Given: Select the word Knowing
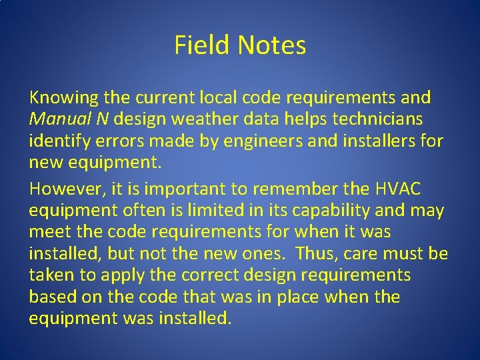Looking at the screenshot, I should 64,98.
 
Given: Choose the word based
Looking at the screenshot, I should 52,297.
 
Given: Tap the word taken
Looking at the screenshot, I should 52,275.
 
